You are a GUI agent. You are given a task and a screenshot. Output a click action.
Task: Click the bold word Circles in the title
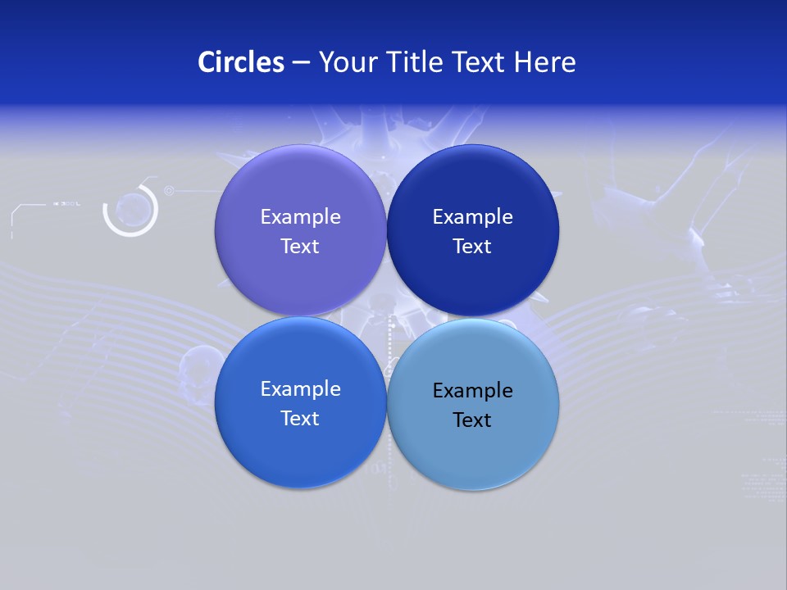coord(241,62)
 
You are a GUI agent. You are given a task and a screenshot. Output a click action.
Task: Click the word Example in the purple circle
coord(300,216)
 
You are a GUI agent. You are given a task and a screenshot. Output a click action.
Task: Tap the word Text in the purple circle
coord(300,246)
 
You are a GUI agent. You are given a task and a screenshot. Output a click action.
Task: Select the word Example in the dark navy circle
coord(472,216)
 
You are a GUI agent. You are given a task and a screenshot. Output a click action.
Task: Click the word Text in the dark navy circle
coord(472,246)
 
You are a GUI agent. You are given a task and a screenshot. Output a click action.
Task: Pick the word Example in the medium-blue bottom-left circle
coord(300,388)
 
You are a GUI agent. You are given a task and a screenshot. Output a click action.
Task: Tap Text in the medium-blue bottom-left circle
coord(300,418)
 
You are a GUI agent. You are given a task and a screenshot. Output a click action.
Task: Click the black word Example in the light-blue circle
coord(472,390)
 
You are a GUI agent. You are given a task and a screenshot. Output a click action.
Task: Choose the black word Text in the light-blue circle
coord(472,420)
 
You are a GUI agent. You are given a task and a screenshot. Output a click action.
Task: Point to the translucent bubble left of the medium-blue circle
coord(196,361)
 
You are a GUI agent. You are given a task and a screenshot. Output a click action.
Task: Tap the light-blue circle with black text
coord(472,451)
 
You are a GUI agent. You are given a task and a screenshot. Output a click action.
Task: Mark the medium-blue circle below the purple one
coord(300,451)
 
